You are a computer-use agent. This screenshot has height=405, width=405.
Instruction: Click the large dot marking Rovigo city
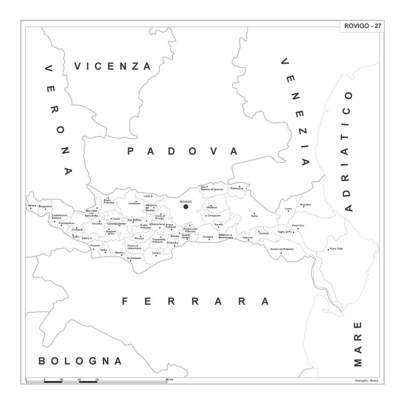186,207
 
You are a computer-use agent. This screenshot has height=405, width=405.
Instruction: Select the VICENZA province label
113,66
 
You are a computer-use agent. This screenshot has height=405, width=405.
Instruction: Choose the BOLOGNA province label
80,361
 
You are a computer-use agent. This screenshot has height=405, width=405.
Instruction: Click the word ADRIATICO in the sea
348,151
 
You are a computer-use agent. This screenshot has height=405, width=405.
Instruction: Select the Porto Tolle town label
336,249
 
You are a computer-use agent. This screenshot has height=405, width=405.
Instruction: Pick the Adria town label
255,216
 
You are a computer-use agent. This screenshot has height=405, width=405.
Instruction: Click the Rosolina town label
306,205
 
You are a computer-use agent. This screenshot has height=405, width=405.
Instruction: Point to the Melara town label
32,206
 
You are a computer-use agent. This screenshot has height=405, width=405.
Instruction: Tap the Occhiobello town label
134,258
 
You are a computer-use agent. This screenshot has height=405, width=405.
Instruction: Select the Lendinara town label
134,203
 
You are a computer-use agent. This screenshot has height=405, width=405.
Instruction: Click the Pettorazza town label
237,188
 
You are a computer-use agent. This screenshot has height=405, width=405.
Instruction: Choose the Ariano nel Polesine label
282,250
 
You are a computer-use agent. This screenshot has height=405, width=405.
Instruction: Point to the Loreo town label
289,209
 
